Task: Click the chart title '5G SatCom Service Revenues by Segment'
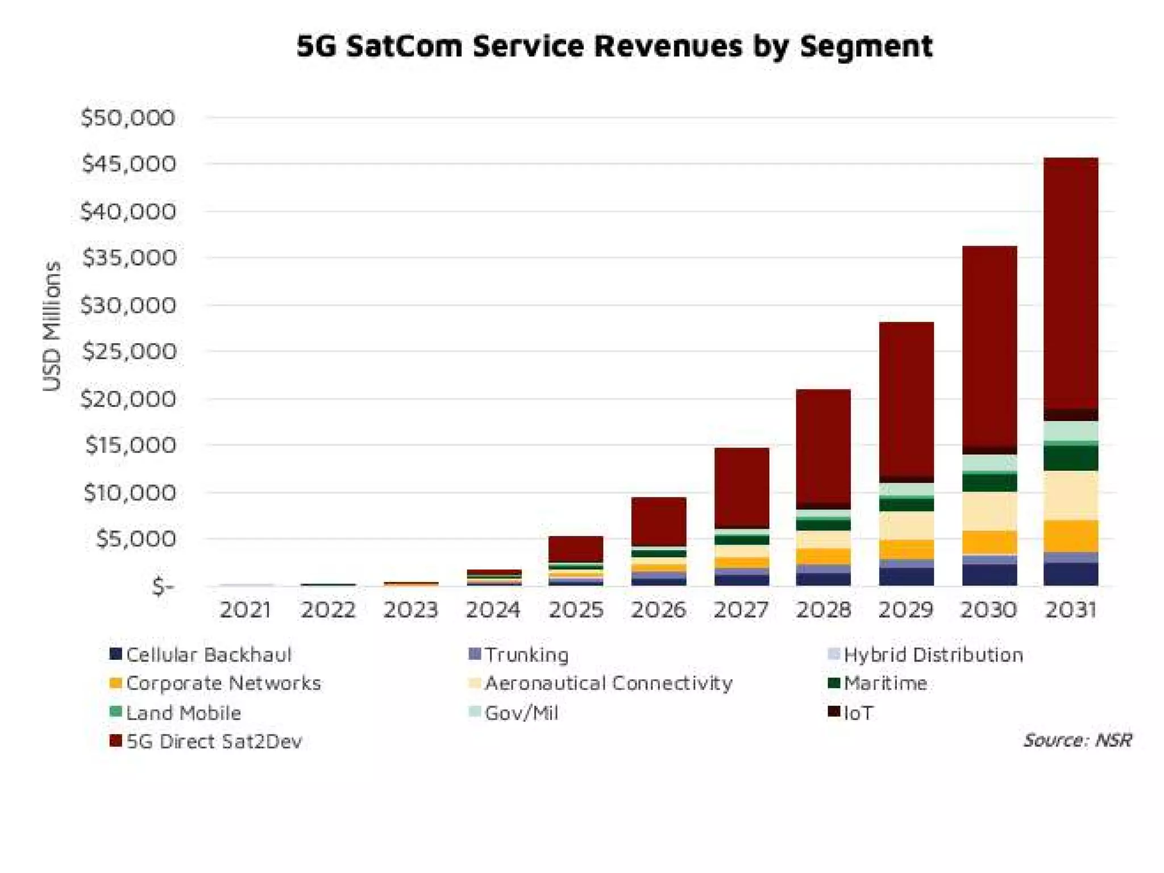(x=614, y=46)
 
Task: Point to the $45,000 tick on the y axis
(x=128, y=164)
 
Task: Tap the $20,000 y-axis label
(x=128, y=399)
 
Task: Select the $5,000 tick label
(x=135, y=539)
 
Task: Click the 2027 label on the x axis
(x=741, y=610)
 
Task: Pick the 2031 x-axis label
(x=1071, y=610)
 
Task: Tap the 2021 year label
(x=246, y=610)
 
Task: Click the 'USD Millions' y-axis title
(x=52, y=326)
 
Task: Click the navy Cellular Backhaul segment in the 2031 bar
(x=1071, y=574)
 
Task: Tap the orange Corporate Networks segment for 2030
(x=989, y=543)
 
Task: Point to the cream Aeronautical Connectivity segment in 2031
(x=1071, y=496)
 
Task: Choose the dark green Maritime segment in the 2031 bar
(x=1071, y=458)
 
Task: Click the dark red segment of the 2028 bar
(x=824, y=446)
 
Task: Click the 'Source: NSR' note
(x=1077, y=740)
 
